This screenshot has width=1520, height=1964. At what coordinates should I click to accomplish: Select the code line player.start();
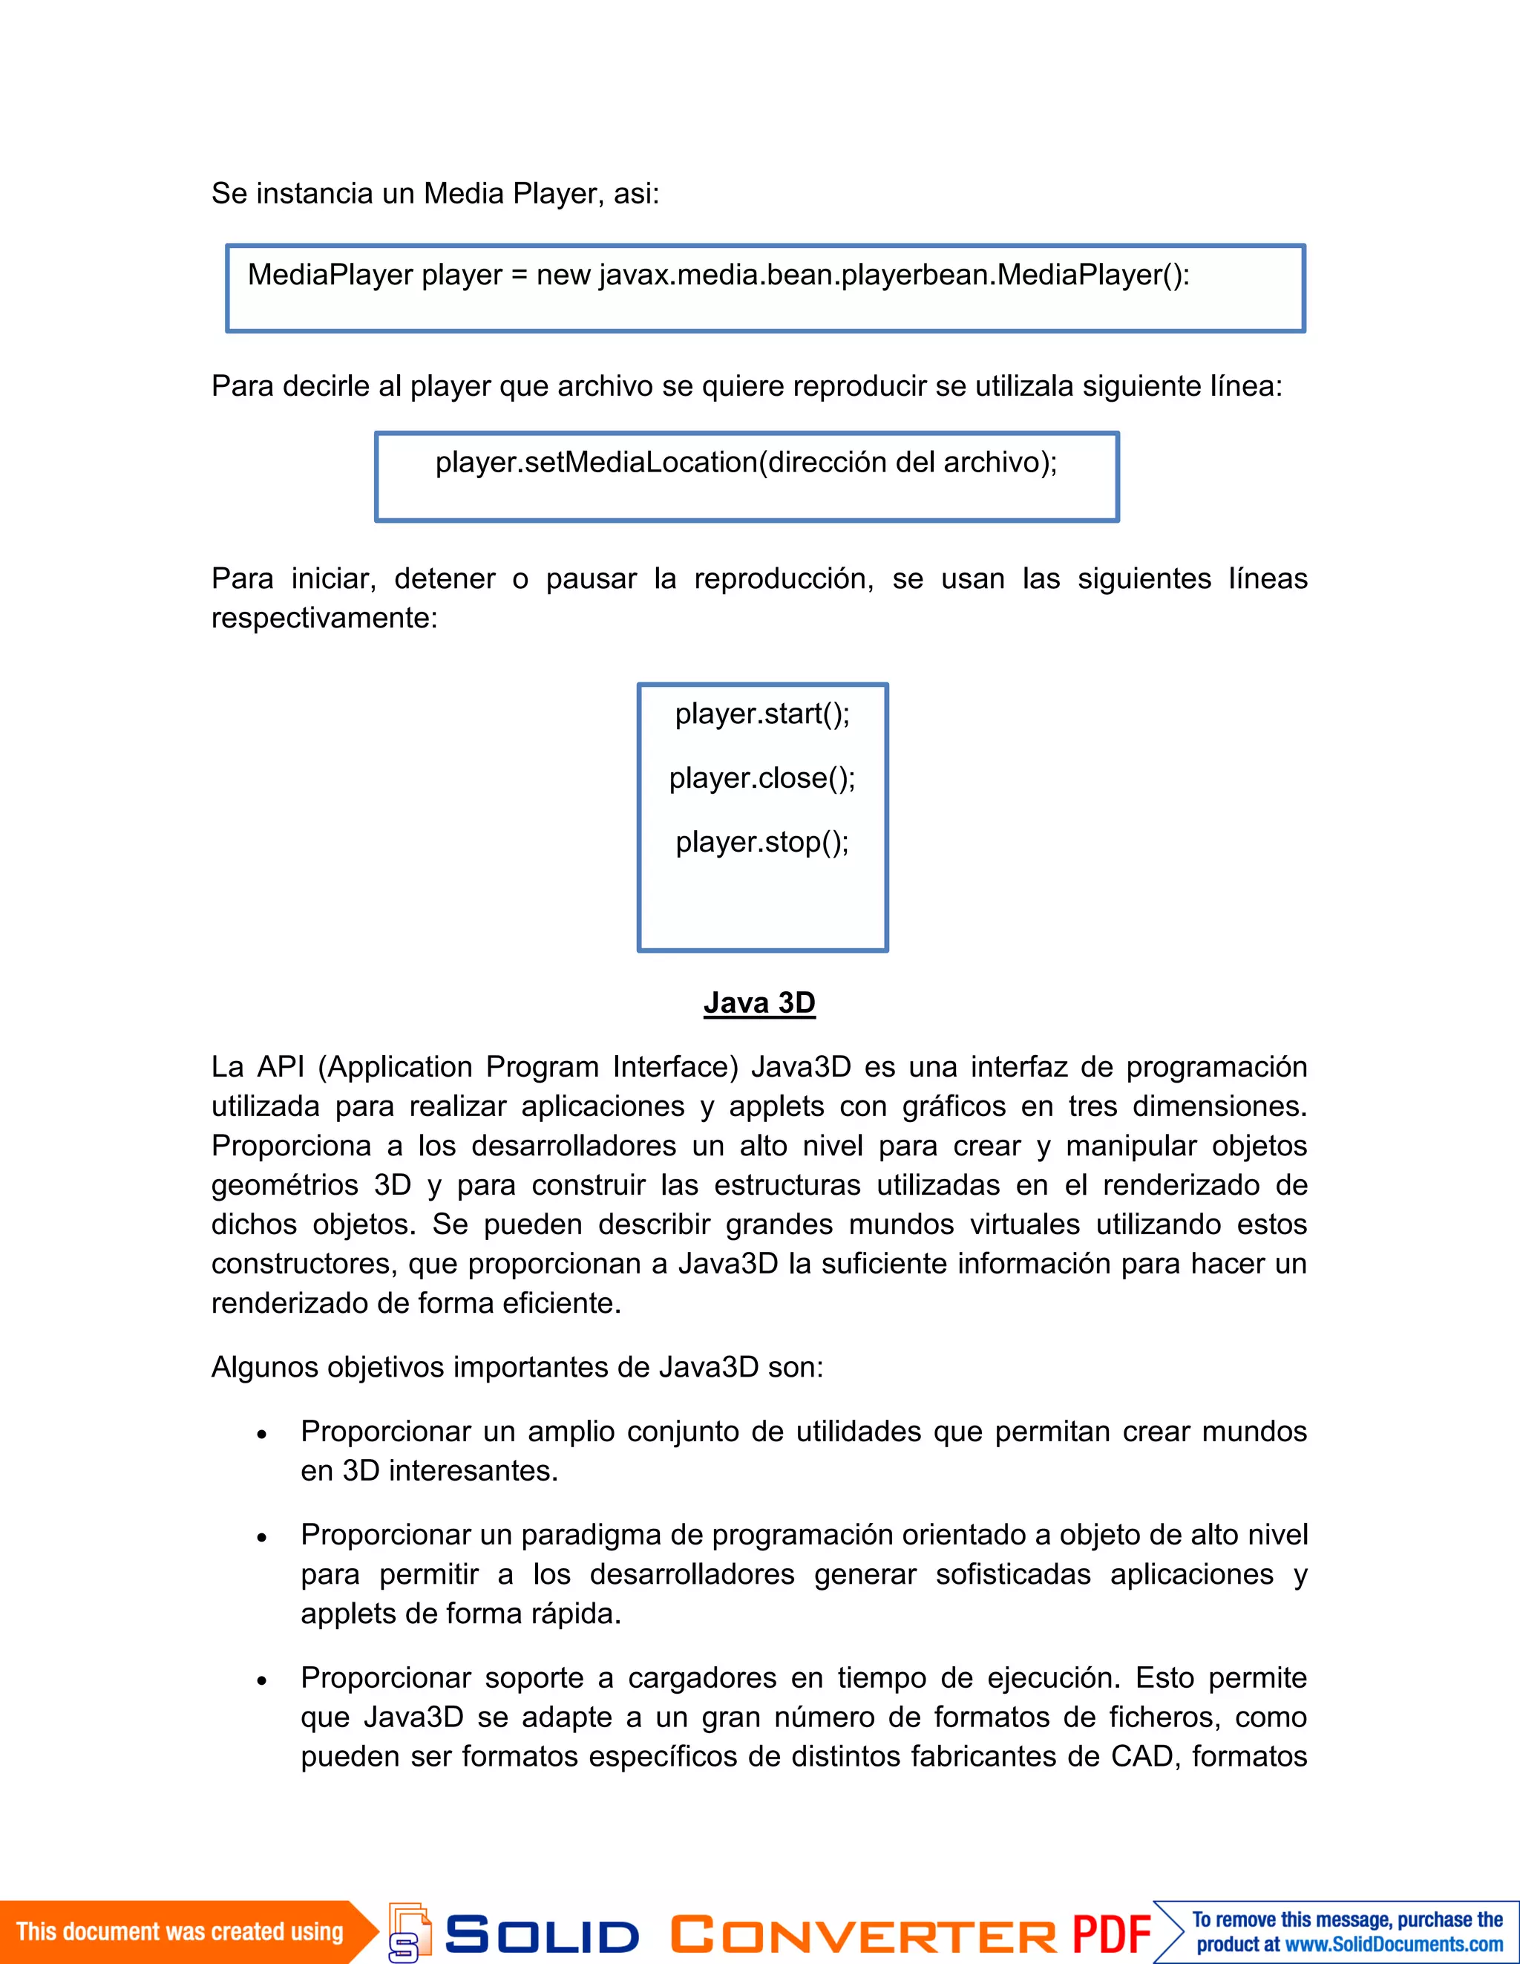pyautogui.click(x=762, y=714)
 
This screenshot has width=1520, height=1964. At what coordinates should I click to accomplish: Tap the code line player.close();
pyautogui.click(x=762, y=778)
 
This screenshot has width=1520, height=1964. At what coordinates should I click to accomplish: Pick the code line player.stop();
pyautogui.click(x=762, y=843)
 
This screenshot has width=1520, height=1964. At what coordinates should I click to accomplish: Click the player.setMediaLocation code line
pyautogui.click(x=746, y=462)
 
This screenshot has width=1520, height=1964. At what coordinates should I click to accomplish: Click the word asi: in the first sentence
pyautogui.click(x=635, y=193)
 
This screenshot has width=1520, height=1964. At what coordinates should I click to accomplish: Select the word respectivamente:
pyautogui.click(x=324, y=619)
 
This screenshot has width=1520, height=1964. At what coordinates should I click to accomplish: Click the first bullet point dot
pyautogui.click(x=261, y=1435)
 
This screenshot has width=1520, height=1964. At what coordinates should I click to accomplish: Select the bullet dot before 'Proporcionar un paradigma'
pyautogui.click(x=261, y=1539)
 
